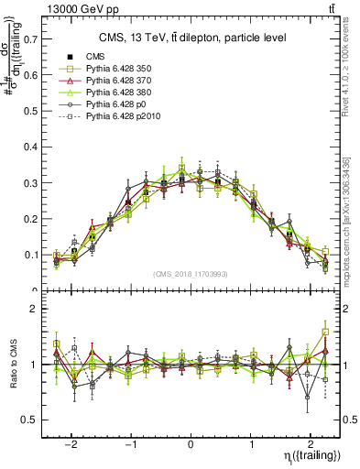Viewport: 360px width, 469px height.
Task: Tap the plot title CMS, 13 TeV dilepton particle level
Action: coord(193,38)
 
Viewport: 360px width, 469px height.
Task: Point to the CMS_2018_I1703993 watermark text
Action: coord(191,274)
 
